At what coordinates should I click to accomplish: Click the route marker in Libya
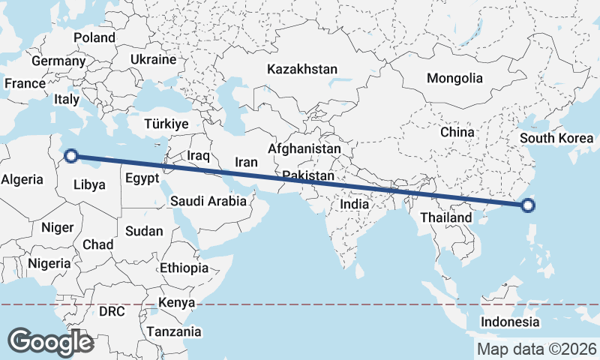71,156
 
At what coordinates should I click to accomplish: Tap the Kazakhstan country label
302,69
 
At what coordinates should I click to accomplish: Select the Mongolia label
454,78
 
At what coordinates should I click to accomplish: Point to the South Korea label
556,138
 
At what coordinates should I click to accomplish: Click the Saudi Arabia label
208,201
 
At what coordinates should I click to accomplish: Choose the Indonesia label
510,322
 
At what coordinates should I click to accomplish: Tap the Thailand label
446,217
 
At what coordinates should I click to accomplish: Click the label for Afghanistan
304,149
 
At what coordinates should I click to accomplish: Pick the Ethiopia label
184,268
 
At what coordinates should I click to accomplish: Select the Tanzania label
174,331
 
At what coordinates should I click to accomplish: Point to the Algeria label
22,179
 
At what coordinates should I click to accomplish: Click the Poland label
94,37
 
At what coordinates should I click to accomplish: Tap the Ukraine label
153,59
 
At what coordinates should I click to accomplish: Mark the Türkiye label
166,124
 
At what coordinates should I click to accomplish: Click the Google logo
50,341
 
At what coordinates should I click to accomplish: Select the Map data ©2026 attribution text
537,349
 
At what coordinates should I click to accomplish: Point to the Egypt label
142,178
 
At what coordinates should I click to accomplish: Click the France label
25,83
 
